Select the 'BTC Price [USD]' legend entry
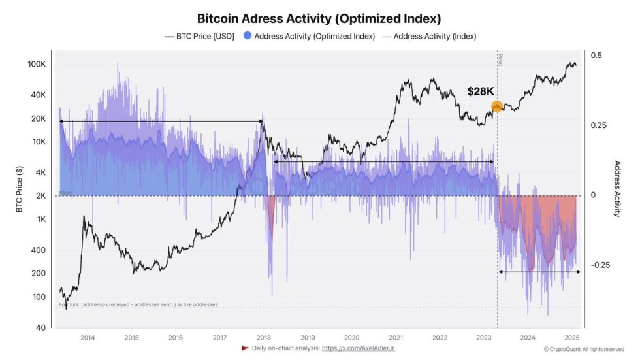[x=199, y=36]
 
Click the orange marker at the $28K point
[x=496, y=106]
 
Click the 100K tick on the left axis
[x=37, y=65]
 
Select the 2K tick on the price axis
[x=40, y=195]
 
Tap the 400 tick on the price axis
[x=39, y=250]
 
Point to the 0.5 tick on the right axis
[x=596, y=56]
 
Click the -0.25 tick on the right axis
[x=600, y=265]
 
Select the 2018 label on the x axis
[x=263, y=338]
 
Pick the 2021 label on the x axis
[x=396, y=338]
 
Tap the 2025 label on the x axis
[x=571, y=338]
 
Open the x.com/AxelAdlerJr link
[x=358, y=348]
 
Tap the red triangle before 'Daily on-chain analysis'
[x=245, y=348]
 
